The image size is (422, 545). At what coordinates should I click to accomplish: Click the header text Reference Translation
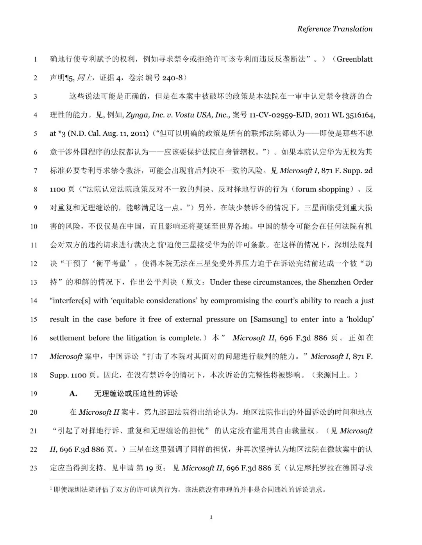(x=334, y=29)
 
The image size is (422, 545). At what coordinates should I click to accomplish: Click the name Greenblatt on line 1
(x=354, y=59)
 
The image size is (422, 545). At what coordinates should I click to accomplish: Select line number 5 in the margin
(x=35, y=134)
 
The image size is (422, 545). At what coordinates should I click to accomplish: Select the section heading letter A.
(x=73, y=394)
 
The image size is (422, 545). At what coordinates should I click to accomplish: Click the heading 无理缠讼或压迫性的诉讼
(x=136, y=394)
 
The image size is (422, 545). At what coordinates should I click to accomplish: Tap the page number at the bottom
(x=211, y=517)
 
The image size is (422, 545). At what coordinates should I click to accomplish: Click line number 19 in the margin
(x=34, y=394)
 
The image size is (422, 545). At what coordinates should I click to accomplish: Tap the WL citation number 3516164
(x=359, y=115)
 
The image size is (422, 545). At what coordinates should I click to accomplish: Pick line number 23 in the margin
(x=34, y=468)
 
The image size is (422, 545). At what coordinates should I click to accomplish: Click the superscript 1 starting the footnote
(x=51, y=488)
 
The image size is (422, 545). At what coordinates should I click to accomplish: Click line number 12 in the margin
(x=34, y=264)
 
